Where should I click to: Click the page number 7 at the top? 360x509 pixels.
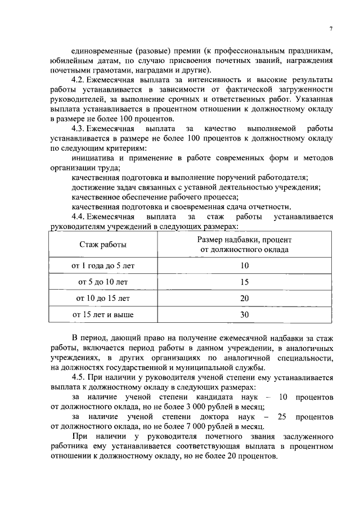pos(331,29)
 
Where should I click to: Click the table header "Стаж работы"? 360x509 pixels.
pos(102,245)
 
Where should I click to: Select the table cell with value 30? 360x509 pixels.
pos(244,315)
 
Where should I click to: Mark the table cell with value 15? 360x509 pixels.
pos(244,282)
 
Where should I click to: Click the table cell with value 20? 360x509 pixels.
pos(244,298)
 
